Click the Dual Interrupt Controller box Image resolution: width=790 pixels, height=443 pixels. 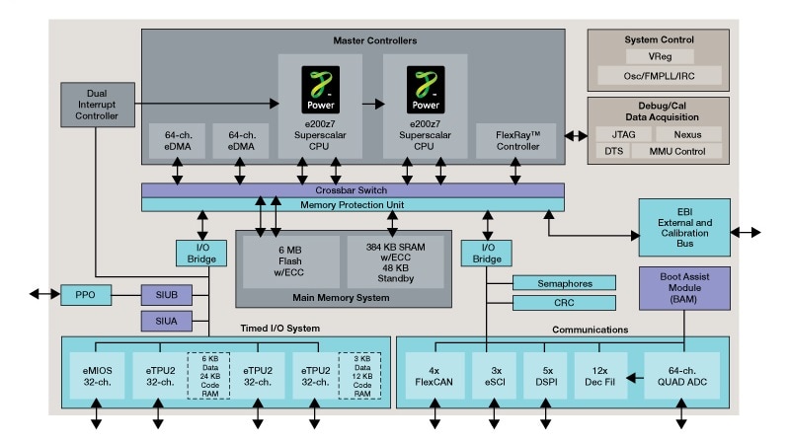tap(96, 103)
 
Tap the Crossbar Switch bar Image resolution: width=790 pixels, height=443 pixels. tap(353, 189)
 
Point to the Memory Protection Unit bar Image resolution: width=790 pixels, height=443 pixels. tap(353, 204)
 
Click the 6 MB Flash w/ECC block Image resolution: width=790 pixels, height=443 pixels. tap(289, 261)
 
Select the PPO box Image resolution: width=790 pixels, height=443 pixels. tap(86, 294)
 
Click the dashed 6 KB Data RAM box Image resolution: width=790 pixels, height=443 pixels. tap(209, 375)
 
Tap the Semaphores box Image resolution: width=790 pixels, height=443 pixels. tap(564, 283)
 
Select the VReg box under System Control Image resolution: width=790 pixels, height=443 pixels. tap(659, 57)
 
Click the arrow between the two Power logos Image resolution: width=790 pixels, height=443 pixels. tap(373, 102)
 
